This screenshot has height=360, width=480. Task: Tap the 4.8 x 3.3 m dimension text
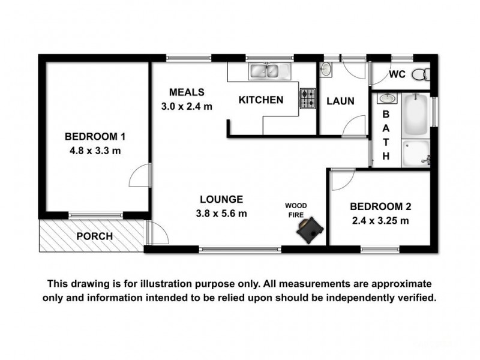(95, 151)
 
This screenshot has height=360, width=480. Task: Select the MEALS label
(187, 92)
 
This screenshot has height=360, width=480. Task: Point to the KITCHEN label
(261, 100)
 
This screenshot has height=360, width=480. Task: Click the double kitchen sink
(265, 71)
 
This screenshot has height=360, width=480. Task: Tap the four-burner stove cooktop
(308, 99)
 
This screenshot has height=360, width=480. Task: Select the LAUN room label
(340, 101)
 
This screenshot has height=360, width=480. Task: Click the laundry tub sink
(326, 70)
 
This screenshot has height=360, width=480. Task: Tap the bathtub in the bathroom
(415, 116)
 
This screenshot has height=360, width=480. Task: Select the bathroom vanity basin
(386, 98)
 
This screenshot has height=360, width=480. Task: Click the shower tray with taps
(415, 153)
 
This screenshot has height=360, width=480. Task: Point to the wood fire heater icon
(311, 230)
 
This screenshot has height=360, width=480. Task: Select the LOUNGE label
(221, 199)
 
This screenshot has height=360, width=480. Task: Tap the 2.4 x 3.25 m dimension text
(380, 221)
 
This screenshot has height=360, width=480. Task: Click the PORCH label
(95, 236)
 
